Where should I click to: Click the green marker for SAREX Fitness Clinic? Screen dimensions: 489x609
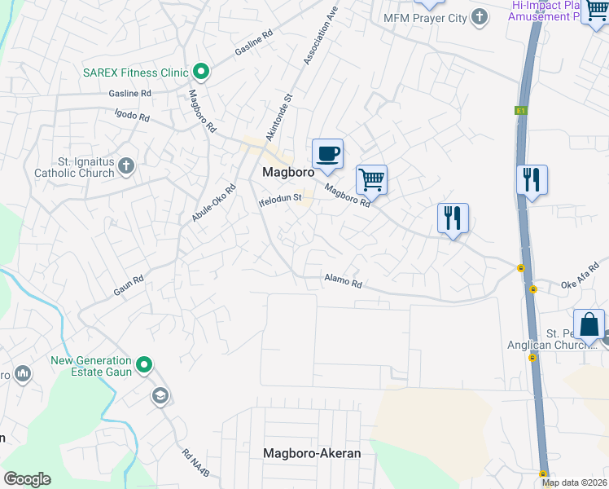tap(200, 73)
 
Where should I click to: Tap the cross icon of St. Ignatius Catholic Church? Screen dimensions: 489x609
tap(125, 166)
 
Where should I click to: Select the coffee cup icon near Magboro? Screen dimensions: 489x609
tap(327, 153)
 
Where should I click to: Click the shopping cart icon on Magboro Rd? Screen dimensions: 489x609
tap(371, 179)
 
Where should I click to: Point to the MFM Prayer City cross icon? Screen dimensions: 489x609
tap(480, 16)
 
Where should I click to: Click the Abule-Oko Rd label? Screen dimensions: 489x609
tap(213, 204)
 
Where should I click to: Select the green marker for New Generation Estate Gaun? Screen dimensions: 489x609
tap(144, 365)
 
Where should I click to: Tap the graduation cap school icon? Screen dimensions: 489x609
tap(160, 396)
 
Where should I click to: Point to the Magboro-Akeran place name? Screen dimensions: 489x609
tap(311, 453)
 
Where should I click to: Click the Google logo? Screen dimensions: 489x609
tap(27, 479)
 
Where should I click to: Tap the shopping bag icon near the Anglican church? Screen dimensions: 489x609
tap(589, 324)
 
